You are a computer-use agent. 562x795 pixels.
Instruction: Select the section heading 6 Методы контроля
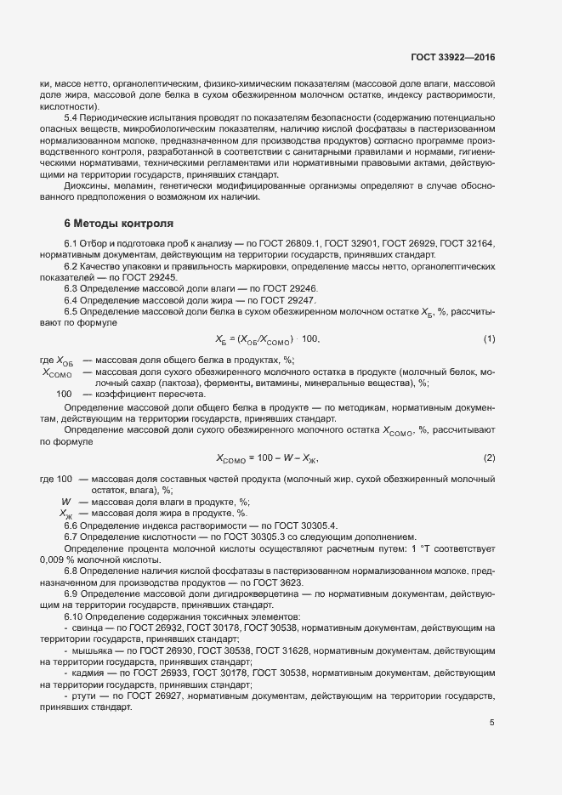tap(119, 224)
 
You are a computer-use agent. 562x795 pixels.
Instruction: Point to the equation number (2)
tap(489, 458)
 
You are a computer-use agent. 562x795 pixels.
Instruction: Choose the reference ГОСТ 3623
tap(303, 582)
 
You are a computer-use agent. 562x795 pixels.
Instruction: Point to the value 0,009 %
tap(58, 559)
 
